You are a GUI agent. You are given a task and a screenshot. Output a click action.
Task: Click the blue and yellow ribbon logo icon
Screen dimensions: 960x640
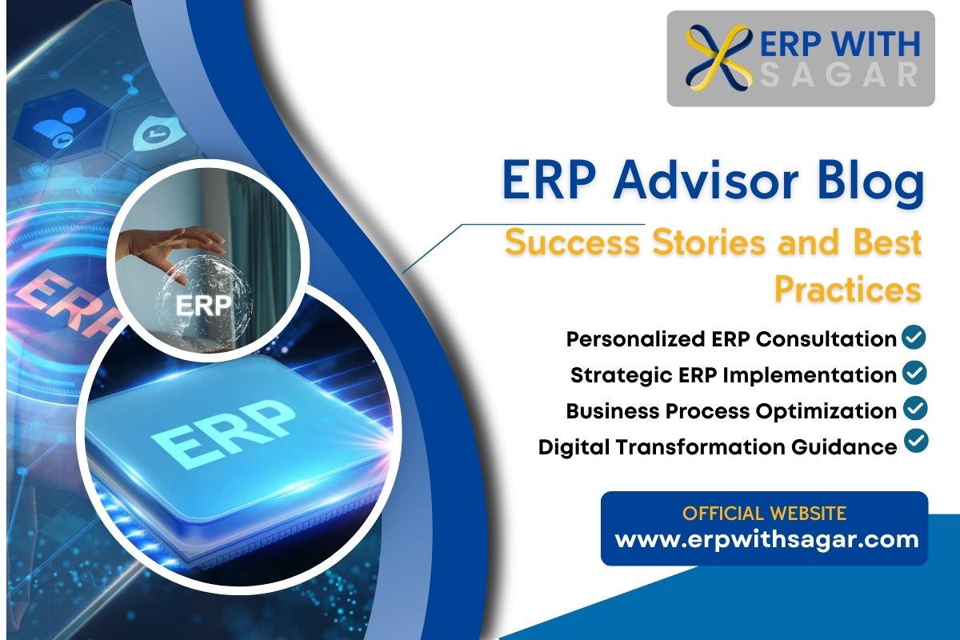718,58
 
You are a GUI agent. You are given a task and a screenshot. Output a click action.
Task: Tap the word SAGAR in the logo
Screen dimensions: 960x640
840,75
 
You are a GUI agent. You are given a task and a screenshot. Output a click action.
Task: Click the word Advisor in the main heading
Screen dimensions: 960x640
706,181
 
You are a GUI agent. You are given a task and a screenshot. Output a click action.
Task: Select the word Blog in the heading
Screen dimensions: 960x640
870,183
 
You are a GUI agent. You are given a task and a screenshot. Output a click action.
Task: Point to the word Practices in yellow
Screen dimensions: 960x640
848,290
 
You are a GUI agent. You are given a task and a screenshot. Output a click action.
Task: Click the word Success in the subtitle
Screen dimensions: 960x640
573,242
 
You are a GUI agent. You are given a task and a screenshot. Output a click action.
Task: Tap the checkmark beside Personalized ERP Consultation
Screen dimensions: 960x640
914,337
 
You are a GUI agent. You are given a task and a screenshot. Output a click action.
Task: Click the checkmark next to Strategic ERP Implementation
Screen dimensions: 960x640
914,373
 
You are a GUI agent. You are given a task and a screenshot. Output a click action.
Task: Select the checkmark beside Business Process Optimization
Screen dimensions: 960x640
915,408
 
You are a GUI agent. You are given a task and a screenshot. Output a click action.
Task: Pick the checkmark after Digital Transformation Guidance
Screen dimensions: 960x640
916,441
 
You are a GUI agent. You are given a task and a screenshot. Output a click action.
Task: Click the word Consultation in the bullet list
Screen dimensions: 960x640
826,339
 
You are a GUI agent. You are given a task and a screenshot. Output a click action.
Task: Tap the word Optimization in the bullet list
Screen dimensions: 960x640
826,411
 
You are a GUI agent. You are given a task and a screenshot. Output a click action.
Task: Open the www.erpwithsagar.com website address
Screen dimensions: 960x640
766,540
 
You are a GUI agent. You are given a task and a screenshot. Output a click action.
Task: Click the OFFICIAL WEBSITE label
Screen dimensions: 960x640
764,513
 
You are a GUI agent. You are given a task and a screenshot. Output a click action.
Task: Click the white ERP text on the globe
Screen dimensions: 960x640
203,306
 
